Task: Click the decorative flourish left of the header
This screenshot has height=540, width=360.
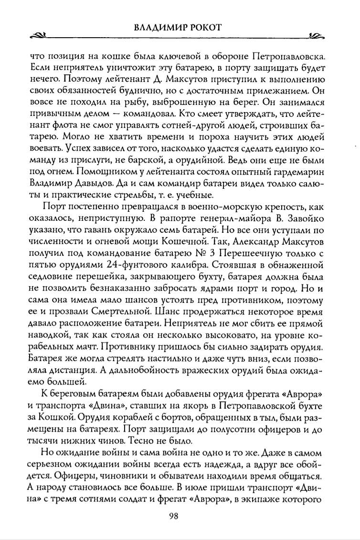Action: pyautogui.click(x=38, y=36)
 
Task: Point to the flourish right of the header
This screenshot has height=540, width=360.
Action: pyautogui.click(x=316, y=36)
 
